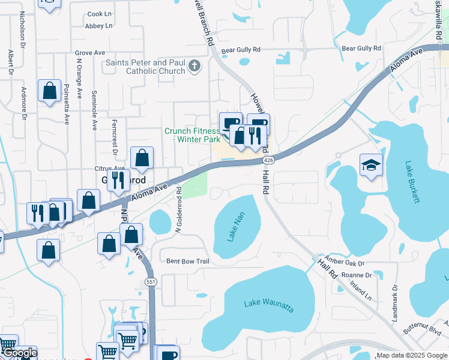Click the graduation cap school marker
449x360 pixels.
[x=371, y=165]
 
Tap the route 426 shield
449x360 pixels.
[x=268, y=160]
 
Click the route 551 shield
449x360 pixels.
[x=151, y=282]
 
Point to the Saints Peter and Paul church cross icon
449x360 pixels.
[x=194, y=65]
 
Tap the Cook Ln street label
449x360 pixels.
[x=100, y=14]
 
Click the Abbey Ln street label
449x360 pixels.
[x=99, y=26]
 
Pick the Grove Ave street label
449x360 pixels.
[x=91, y=53]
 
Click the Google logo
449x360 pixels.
[x=19, y=353]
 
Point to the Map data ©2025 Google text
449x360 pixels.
[x=411, y=355]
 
